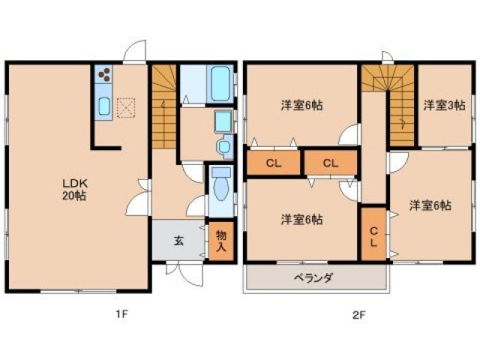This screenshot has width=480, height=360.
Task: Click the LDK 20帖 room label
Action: click(73, 187)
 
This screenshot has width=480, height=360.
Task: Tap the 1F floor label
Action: click(123, 314)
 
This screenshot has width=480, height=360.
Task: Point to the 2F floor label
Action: click(358, 314)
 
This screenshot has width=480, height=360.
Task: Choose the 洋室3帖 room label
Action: click(443, 105)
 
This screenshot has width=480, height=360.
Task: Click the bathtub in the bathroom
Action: click(220, 84)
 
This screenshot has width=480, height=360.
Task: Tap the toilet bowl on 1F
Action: click(220, 184)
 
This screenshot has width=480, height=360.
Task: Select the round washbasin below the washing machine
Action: click(223, 146)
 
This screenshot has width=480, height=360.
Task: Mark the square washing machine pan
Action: click(223, 121)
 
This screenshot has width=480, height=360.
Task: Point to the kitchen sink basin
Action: click(103, 106)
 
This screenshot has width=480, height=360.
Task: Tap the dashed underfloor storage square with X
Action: click(127, 108)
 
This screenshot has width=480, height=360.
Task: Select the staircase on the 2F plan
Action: click(388, 97)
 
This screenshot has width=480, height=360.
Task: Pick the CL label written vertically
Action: click(373, 235)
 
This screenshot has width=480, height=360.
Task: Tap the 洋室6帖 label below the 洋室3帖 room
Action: click(430, 204)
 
